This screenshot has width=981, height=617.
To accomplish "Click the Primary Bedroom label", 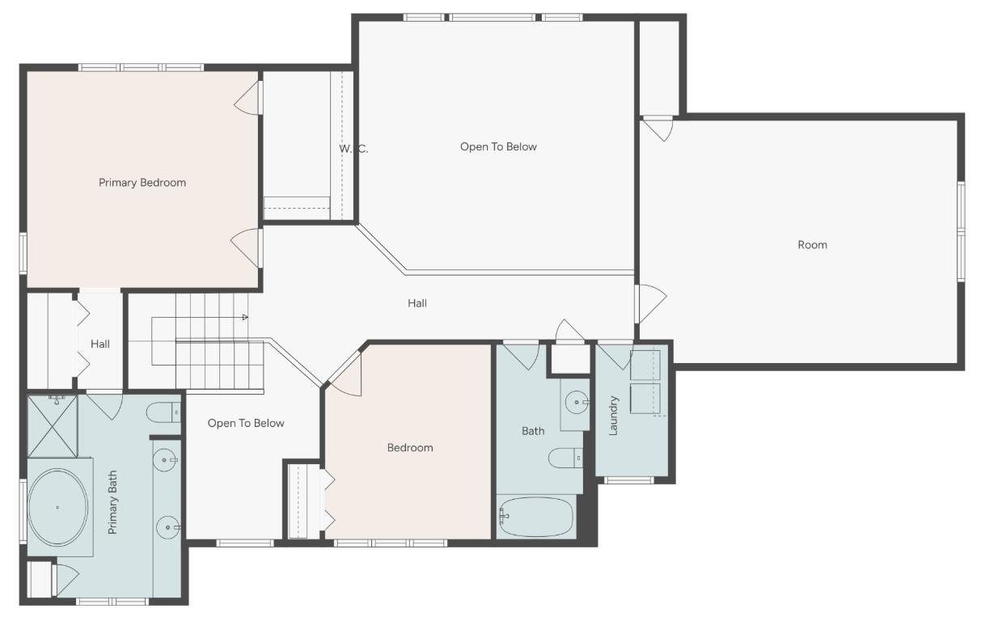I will click(x=142, y=183).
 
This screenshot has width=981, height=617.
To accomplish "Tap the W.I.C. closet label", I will click(x=353, y=149).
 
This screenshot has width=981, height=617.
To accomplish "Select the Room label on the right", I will click(x=812, y=245).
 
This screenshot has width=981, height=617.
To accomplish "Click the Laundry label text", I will click(x=613, y=416).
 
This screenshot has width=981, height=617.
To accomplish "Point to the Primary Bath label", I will click(x=112, y=502).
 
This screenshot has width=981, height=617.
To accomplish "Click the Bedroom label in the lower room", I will click(x=410, y=448).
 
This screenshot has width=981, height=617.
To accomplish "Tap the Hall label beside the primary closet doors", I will click(x=100, y=344).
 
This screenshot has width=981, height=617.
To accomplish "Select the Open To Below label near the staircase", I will click(x=246, y=423).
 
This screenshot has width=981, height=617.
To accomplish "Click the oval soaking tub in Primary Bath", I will click(x=57, y=507).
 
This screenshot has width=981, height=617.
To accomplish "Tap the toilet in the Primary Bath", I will click(x=165, y=412).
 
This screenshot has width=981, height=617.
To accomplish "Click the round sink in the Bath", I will click(x=576, y=400).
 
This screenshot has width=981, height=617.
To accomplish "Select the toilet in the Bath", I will click(x=565, y=459).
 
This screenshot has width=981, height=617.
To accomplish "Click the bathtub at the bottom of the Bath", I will click(x=536, y=517).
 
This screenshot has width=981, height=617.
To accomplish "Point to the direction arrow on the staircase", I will click(x=244, y=317).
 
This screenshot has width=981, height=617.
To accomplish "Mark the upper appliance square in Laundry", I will click(x=645, y=366).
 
